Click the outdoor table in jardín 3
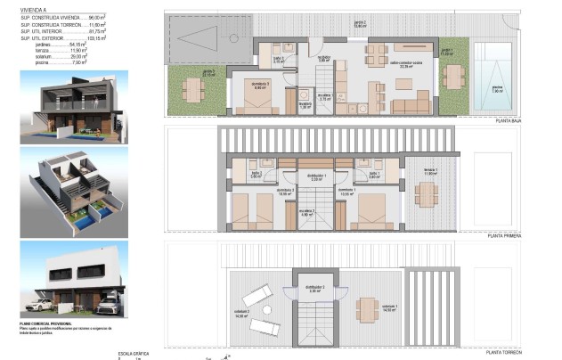[x=192, y=88]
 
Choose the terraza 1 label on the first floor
[x=430, y=169]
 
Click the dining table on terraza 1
[x=428, y=192]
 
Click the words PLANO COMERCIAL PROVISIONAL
[x=43, y=323]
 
